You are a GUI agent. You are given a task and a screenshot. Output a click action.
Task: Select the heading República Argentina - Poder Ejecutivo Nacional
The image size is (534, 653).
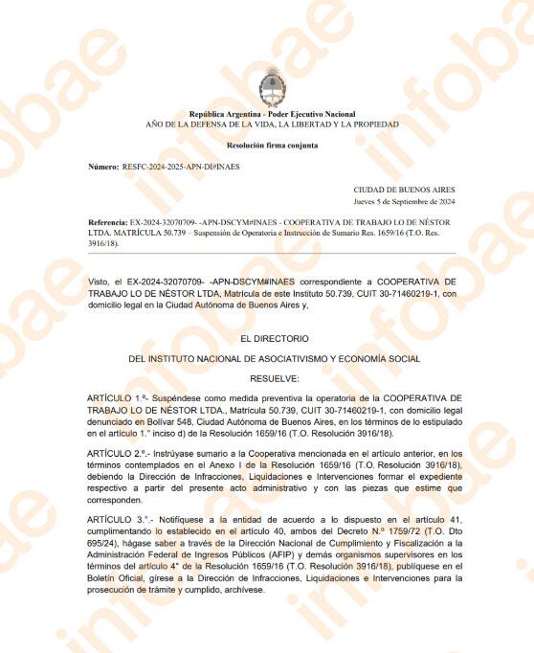tap(273, 115)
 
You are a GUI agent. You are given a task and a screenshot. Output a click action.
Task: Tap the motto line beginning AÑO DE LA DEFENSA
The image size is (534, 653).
tap(273, 125)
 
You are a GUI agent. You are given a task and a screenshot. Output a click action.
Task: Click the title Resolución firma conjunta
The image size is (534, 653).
tap(273, 146)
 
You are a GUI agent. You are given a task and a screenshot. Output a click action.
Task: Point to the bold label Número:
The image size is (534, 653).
tap(102, 167)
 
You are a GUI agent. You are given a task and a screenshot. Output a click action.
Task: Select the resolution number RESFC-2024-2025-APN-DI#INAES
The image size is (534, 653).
tap(181, 167)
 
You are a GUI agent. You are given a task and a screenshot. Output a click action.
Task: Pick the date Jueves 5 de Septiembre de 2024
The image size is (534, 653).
tap(404, 202)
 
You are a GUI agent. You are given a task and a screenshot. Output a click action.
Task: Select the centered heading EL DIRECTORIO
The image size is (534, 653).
tap(274, 338)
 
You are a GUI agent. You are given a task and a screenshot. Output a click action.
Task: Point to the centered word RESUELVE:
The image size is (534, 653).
tap(274, 378)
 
